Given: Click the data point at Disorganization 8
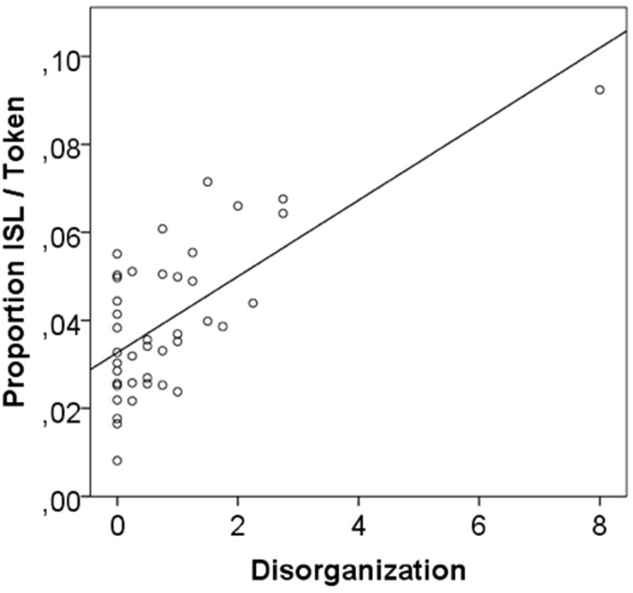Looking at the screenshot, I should pos(600,90).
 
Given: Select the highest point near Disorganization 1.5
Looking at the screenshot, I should pos(208,182).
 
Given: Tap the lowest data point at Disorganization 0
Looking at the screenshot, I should pos(117,460).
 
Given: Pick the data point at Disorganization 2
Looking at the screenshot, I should pos(238,206).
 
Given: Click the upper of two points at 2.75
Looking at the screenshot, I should pos(283,199).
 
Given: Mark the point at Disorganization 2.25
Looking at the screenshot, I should pos(253,303).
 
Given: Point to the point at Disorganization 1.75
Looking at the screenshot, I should pos(223,326).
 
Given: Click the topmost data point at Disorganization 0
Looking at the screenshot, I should pos(117,254).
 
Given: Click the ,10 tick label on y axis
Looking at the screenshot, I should pos(60,59).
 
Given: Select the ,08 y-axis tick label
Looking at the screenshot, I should pos(60,146).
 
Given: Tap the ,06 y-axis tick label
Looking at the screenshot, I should pos(60,234).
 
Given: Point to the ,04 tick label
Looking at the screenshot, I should pos(60,322).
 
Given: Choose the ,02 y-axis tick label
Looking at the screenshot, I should pos(60,409).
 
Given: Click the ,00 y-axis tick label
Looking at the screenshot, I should pos(60,497).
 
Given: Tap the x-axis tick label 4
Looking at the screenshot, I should pos(359,526).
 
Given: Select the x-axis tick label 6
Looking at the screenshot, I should pos(480,526).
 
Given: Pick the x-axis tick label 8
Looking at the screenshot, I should pos(600,526).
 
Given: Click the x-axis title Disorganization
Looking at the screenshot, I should pos(358,570).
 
